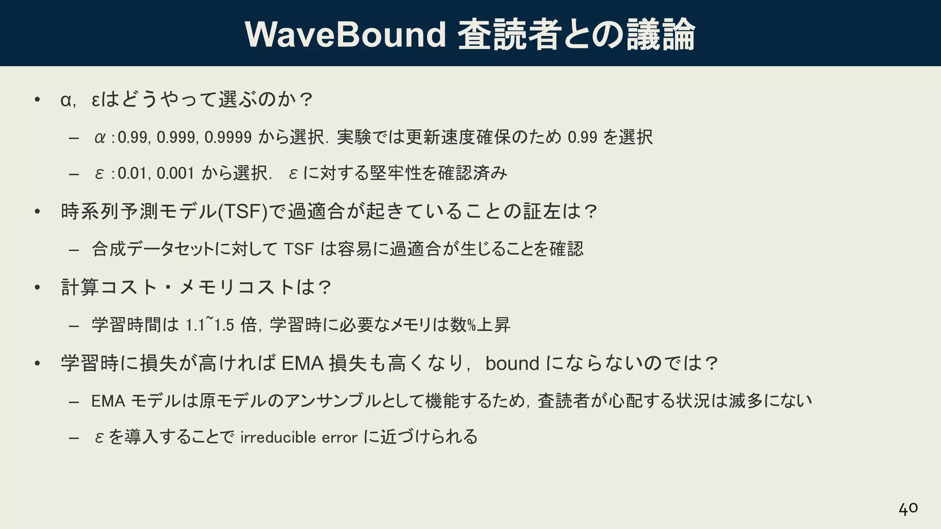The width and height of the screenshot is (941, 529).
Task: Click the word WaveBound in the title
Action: (345, 34)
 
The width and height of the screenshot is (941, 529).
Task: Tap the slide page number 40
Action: (908, 508)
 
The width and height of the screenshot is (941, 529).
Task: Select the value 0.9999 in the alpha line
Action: (228, 137)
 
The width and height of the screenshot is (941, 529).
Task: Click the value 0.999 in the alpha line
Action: (176, 137)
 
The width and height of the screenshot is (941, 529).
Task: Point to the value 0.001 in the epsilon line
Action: (176, 173)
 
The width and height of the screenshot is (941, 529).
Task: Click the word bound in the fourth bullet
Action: (512, 363)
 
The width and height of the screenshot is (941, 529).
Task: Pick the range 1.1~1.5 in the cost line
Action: (210, 325)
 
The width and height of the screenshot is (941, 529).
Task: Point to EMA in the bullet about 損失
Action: (303, 363)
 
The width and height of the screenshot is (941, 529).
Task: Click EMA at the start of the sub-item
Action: (108, 401)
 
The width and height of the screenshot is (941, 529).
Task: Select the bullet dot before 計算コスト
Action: (38, 287)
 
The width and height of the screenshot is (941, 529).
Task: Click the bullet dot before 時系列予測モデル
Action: (38, 212)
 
